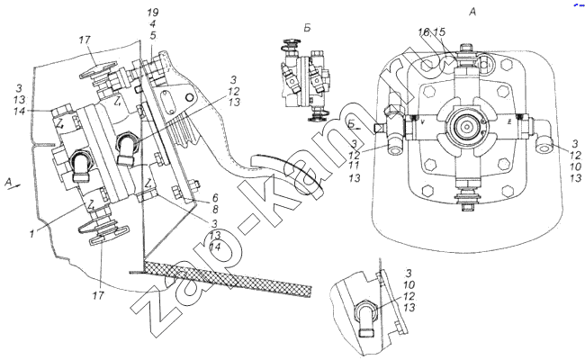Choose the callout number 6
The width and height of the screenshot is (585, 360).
[x=215, y=197]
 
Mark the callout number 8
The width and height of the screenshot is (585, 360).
[x=215, y=210]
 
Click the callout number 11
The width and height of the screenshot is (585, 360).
[x=356, y=166]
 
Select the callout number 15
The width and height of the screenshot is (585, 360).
[x=439, y=32]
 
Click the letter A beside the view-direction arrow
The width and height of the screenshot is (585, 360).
[x=8, y=181]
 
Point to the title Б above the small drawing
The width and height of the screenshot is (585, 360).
[x=306, y=30]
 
